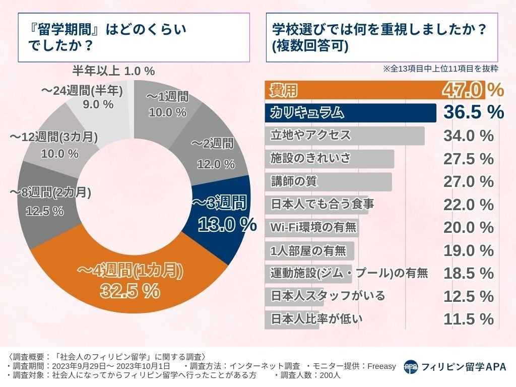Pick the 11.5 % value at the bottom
(x=468, y=319)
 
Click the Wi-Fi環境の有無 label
(x=312, y=227)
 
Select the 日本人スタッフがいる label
(x=328, y=296)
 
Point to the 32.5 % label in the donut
(x=130, y=291)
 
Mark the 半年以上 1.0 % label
(x=113, y=70)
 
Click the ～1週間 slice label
(x=167, y=96)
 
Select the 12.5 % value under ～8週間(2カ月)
(x=44, y=211)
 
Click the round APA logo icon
(x=411, y=367)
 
